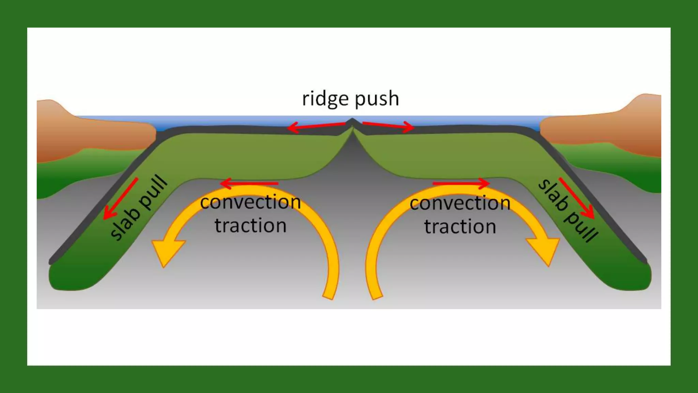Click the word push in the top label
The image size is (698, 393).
click(377, 99)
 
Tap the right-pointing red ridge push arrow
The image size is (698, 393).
click(389, 126)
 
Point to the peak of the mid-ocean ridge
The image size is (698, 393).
click(352, 120)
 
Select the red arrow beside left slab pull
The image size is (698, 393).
click(121, 199)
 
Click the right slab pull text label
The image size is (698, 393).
click(567, 210)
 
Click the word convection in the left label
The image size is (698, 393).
click(251, 202)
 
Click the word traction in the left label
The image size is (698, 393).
click(251, 225)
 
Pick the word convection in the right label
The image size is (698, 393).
click(460, 203)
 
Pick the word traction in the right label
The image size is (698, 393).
click(460, 227)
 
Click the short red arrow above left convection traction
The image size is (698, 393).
click(249, 184)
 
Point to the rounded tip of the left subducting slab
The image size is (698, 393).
click(66, 278)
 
